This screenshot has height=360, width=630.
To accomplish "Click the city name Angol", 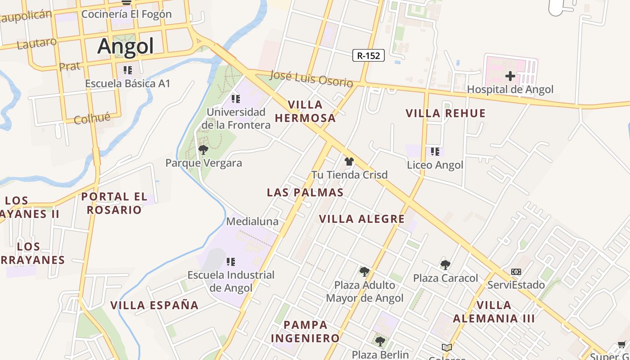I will (126, 46).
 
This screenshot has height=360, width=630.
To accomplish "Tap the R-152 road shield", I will (368, 56).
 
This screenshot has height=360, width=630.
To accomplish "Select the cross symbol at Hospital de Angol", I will (510, 76).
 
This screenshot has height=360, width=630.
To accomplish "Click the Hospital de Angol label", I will (510, 90).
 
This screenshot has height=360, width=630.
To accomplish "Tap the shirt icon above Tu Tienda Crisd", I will (349, 162).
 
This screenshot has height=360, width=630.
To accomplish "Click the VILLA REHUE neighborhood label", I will (445, 113).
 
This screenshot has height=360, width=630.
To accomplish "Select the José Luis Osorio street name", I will (311, 79).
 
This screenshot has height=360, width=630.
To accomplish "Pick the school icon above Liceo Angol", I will (435, 152).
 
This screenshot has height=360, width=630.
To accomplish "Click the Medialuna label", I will (252, 221).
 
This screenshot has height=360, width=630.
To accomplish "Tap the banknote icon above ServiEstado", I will (516, 272).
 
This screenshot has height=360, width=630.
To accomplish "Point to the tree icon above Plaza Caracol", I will (445, 265).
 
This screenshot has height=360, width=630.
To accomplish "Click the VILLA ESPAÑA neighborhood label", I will (154, 305).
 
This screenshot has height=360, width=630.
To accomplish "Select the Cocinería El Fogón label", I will (126, 14).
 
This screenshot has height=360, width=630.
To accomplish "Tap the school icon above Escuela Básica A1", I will (128, 70).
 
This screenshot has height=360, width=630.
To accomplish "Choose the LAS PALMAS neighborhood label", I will (305, 193).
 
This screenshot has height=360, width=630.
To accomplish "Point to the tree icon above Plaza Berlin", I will (380, 341).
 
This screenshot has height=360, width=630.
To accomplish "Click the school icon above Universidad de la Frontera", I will (235, 99).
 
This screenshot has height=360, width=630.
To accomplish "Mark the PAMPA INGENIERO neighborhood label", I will (306, 331).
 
